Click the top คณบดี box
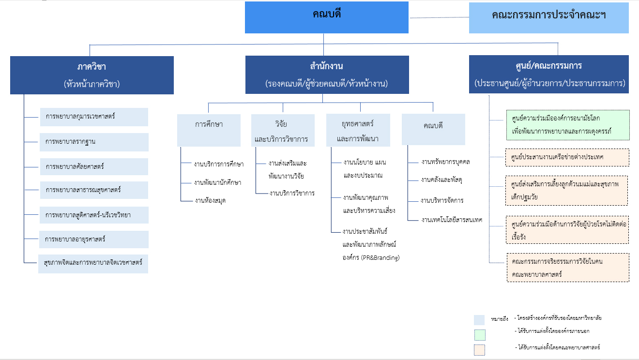pyautogui.click(x=327, y=17)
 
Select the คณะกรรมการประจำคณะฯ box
pyautogui.click(x=548, y=18)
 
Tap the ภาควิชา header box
pyautogui.click(x=92, y=75)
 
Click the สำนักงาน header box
pyautogui.click(x=327, y=75)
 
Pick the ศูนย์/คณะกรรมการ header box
pyautogui.click(x=548, y=74)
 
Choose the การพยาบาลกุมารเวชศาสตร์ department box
pyautogui.click(x=94, y=117)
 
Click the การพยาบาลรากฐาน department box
pyautogui.click(x=94, y=142)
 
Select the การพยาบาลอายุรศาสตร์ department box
pyautogui.click(x=93, y=240)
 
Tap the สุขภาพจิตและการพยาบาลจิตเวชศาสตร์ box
pyautogui.click(x=93, y=264)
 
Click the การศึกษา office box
pyautogui.click(x=209, y=130)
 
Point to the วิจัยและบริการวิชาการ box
pyautogui.click(x=283, y=130)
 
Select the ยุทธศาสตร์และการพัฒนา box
pyautogui.click(x=358, y=130)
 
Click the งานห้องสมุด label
pyautogui.click(x=210, y=201)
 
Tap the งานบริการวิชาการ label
pyautogui.click(x=292, y=193)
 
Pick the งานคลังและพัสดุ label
pyautogui.click(x=441, y=180)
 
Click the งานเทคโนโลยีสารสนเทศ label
pyautogui.click(x=452, y=220)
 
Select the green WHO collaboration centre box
pyautogui.click(x=568, y=125)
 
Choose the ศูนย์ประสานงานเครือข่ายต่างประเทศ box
pyautogui.click(x=567, y=157)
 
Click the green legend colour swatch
pyautogui.click(x=480, y=335)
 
